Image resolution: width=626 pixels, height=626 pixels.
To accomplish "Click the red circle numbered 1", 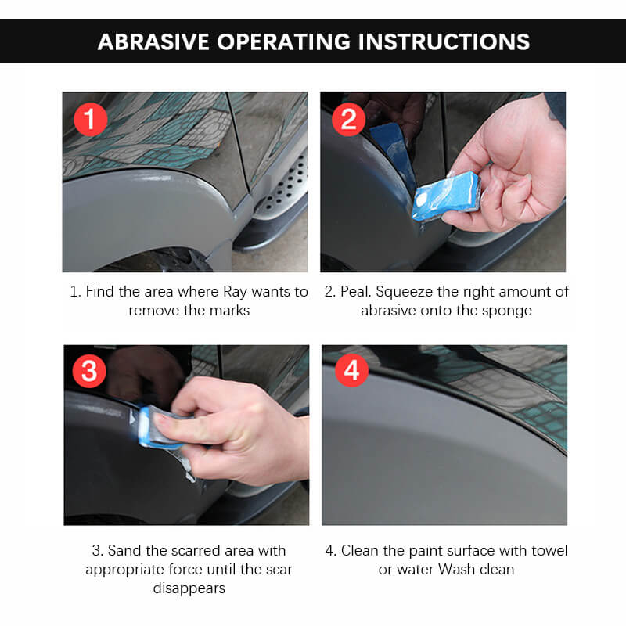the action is [91, 120].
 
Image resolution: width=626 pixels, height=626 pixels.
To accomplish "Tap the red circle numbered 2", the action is [348, 120].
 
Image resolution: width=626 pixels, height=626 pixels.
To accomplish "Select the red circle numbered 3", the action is [89, 371].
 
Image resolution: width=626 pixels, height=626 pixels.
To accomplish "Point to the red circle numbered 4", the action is [351, 370].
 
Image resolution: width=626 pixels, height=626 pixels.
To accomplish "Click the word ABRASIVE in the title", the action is [153, 41].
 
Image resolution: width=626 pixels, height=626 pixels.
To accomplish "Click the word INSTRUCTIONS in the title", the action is [444, 41].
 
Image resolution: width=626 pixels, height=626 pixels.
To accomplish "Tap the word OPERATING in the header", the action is [284, 41].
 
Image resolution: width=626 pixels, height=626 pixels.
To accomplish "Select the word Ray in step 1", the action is [236, 292].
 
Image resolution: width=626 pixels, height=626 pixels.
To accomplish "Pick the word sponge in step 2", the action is [506, 311].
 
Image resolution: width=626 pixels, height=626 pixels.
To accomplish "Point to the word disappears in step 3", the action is [189, 588].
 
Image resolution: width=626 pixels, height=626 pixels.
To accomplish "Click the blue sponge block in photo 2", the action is [446, 196].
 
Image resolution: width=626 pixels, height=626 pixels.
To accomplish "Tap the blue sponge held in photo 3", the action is [160, 427].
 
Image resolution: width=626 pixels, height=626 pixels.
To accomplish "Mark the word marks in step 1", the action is [229, 311].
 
